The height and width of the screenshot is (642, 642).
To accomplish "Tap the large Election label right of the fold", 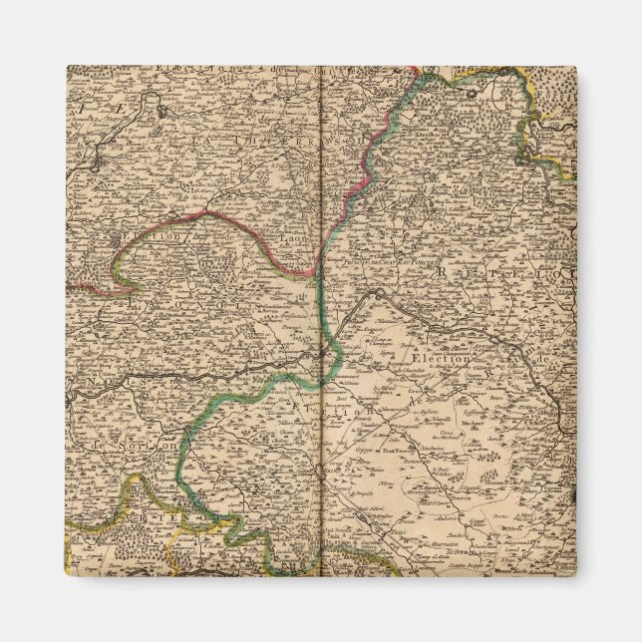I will click(430, 354).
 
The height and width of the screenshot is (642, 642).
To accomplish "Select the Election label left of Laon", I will click(155, 238).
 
